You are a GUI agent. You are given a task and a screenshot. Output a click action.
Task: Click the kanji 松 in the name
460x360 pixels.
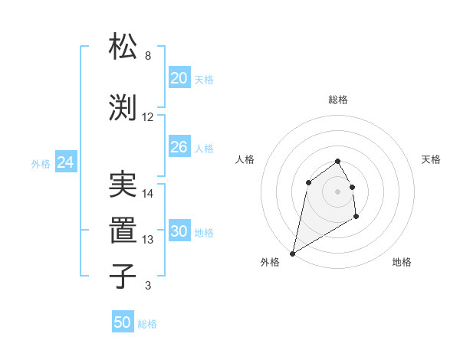pos(123,47)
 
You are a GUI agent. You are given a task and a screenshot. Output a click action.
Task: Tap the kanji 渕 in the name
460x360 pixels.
pos(123,107)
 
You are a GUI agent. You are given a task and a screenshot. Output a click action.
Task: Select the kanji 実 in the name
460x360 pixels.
pos(123,185)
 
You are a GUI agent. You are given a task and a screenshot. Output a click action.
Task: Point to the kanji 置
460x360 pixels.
pos(123,230)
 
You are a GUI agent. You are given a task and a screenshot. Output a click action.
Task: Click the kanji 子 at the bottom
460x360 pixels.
pos(123,276)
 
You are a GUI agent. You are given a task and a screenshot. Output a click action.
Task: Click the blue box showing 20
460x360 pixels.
pos(179,78)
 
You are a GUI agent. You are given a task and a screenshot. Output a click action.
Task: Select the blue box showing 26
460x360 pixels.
pos(179,147)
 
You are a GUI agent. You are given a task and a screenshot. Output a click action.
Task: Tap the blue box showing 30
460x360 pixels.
pos(179,231)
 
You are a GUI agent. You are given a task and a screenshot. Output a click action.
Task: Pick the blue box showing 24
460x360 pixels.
pos(65,162)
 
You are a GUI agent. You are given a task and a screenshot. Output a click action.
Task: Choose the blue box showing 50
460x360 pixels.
pos(123,322)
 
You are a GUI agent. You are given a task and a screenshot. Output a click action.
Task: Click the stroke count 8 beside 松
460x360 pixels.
pos(148,56)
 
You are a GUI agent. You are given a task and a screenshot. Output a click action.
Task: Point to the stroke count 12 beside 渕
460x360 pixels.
pos(148,117)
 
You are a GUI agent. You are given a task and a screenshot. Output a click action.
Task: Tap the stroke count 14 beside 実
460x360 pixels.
pos(148,194)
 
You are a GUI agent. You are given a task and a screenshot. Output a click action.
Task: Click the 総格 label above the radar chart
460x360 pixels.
pos(337,100)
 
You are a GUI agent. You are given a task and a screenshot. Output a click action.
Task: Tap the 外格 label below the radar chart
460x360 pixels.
pos(270,262)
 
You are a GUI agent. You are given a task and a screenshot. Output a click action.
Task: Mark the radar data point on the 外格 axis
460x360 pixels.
pos(292,253)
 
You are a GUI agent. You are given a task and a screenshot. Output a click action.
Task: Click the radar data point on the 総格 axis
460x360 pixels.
pos(337,162)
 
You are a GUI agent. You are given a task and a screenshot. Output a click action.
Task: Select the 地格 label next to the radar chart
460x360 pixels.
pos(402,262)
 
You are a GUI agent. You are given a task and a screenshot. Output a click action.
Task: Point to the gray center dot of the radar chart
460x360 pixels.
pos(337,191)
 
